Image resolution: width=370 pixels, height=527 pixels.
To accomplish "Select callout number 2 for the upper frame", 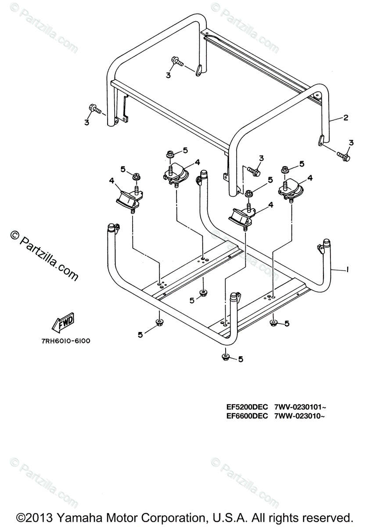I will tap(345, 118).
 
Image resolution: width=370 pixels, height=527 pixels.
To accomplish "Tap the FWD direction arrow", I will tap(63, 321).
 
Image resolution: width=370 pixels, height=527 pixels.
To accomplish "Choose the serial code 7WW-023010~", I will tap(299, 416).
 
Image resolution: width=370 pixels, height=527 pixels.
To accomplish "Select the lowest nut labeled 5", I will tap(225, 356).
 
